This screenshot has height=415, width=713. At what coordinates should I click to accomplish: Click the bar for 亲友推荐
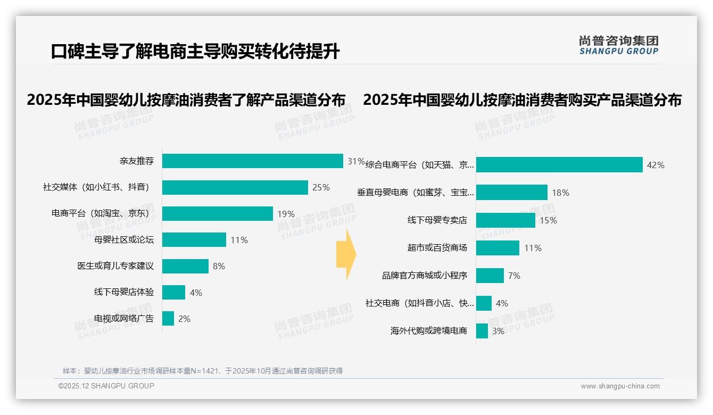coord(252,161)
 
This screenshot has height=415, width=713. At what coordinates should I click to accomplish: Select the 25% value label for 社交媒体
coord(321,187)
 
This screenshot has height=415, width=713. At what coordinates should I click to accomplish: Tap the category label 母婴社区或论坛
coord(124,240)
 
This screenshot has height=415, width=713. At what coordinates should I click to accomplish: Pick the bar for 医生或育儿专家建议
coord(185,266)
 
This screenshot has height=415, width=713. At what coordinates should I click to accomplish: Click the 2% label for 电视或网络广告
coord(184,319)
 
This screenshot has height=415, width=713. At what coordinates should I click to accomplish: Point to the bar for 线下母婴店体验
coord(173,292)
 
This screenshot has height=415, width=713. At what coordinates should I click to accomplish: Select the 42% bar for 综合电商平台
coord(559,165)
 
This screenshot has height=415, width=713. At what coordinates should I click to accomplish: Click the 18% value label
coord(560,193)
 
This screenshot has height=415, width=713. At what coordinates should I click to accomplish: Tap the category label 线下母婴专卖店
coord(437,220)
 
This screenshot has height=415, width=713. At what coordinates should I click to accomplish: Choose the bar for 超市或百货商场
coord(498,248)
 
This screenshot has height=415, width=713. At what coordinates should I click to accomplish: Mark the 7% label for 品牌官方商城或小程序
coord(514,276)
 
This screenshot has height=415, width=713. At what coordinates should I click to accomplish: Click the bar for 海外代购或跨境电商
coord(482,331)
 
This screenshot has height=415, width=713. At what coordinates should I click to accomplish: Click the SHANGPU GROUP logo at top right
coord(618,45)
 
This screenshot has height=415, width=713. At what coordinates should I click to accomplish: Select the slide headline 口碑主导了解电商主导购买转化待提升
coord(195,52)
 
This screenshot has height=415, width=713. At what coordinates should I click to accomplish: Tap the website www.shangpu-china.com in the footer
coord(620,386)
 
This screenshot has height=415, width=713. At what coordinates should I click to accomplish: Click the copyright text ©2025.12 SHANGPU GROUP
coord(106,386)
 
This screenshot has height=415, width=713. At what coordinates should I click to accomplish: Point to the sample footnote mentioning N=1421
coord(203,371)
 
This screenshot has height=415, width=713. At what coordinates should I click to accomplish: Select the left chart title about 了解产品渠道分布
coord(186,100)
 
